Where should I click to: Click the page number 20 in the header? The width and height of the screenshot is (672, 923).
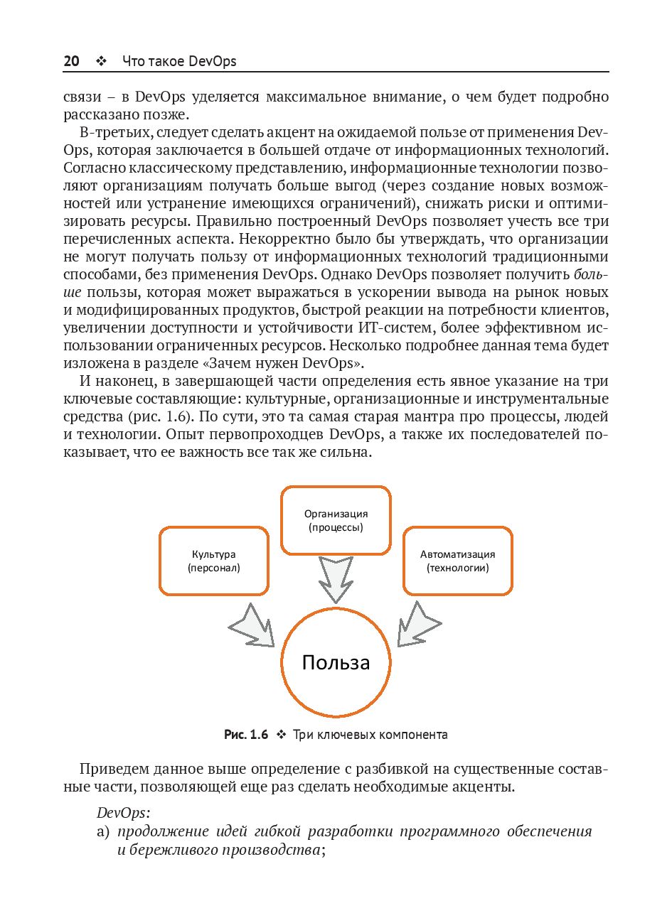click(x=71, y=61)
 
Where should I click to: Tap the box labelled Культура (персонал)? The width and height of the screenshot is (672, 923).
click(x=214, y=561)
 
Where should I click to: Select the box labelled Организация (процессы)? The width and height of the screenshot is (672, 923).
click(x=336, y=520)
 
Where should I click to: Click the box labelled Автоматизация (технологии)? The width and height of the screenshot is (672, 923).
click(x=457, y=561)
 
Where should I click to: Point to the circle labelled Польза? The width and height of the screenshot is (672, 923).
click(x=336, y=662)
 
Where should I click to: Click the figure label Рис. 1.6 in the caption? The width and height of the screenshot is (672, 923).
click(x=246, y=735)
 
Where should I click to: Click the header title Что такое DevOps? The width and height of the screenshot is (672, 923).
click(x=179, y=61)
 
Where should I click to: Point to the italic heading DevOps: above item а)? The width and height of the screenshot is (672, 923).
click(x=123, y=813)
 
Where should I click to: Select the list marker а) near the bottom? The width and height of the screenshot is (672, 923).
click(x=103, y=831)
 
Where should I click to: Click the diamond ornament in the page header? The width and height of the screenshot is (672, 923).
click(x=100, y=62)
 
